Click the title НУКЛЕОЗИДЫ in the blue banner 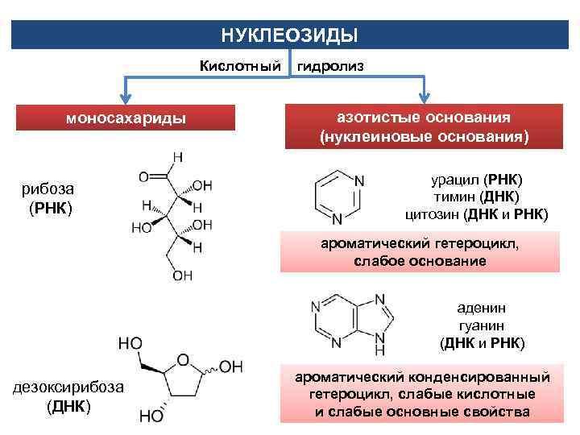pos(289,36)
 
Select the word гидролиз pos(330,66)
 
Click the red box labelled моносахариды pos(125,118)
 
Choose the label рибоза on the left pos(48,188)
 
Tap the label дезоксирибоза pos(68,387)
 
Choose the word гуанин pos(482,325)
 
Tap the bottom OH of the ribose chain pos(183,275)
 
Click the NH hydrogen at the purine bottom pos(379,351)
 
